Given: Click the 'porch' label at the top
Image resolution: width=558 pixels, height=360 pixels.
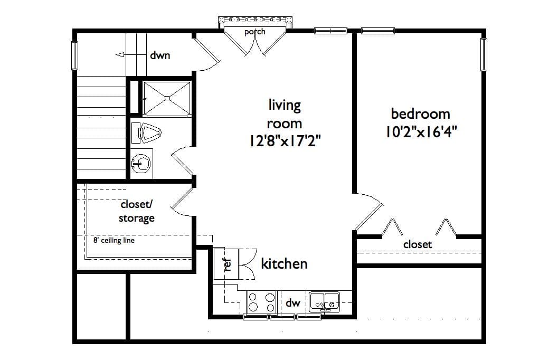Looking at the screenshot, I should point(254,32).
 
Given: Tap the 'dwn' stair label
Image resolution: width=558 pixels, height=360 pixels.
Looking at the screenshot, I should point(160,55).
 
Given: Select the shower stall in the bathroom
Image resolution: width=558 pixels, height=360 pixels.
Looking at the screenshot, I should point(167,98).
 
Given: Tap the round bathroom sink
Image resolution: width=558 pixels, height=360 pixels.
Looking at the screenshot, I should point(141,164).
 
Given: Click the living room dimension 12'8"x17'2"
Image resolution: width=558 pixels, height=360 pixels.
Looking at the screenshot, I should point(285,141).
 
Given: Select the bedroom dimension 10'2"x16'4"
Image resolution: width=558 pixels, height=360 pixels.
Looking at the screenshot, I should point(421,131).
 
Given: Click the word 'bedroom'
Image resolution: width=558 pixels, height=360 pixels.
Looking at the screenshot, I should point(421,113).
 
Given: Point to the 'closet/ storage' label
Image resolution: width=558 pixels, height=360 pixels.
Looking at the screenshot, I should point(137,211).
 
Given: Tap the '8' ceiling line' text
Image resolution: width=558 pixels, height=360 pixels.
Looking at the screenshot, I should point(114,241).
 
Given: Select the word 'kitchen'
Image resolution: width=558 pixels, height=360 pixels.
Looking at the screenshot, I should point(285,263).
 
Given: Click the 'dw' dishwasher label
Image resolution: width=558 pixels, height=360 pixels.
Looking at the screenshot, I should point(293,303).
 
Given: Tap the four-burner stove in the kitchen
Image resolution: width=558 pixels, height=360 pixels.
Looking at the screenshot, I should point(262,302).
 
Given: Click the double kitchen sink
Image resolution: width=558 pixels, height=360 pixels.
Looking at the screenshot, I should point(324,301).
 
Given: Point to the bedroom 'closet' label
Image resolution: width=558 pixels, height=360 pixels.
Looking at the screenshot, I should point(418,244).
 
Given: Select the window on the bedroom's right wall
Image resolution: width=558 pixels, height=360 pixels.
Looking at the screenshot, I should point(483,54).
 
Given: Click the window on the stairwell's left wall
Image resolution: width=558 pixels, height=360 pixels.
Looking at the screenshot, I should point(75,55).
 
